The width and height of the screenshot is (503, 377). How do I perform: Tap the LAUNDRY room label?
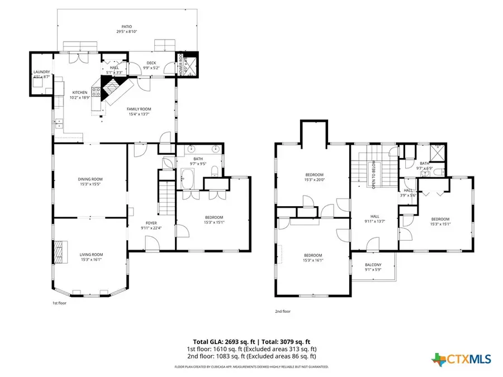[x=41, y=72]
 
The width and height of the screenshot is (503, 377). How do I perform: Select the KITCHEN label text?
[x=80, y=93]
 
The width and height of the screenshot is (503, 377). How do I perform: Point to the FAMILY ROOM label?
[x=138, y=109]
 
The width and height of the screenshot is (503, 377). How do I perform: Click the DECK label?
[x=151, y=63]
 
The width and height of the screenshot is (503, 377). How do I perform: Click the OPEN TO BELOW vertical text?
[x=373, y=175]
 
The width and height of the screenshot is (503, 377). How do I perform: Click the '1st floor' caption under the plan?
[x=59, y=303]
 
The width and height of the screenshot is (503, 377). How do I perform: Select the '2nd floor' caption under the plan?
[x=283, y=311]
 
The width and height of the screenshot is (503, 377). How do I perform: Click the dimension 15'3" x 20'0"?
[x=314, y=180]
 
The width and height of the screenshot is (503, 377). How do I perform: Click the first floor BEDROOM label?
[x=213, y=217]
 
